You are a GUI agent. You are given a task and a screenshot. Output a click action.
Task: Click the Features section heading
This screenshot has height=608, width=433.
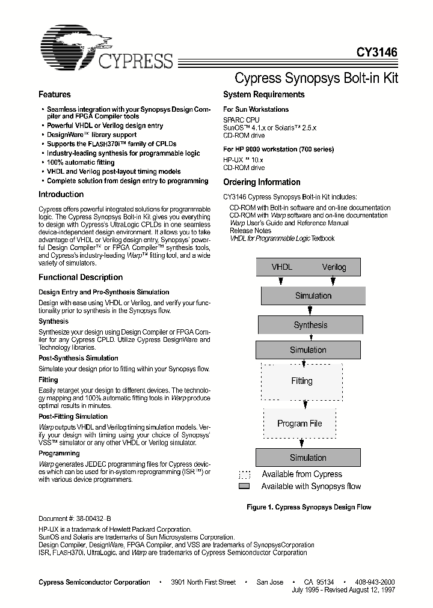point(55,94)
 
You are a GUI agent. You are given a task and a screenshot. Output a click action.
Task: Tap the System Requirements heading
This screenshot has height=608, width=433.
point(263,94)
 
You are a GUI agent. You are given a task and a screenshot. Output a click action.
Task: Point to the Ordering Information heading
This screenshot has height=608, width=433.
point(262,182)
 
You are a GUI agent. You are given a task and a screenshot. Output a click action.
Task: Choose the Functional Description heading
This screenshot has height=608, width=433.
point(81,277)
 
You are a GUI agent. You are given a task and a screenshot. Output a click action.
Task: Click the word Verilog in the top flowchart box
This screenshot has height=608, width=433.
point(334,267)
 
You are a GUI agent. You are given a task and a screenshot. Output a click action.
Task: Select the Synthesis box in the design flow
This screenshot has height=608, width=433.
point(310,325)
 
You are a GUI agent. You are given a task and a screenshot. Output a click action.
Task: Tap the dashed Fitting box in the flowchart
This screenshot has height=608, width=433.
point(302,381)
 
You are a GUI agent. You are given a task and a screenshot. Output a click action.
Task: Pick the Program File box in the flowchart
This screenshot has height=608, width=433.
point(299,423)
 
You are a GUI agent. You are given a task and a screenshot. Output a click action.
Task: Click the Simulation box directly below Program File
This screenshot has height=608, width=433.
point(308,457)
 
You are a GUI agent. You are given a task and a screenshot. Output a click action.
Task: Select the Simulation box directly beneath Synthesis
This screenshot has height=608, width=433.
point(308,350)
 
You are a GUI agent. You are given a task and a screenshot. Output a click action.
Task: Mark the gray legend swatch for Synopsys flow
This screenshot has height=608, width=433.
point(244,486)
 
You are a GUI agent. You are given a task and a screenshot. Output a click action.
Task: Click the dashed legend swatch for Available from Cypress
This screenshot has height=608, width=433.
point(244,474)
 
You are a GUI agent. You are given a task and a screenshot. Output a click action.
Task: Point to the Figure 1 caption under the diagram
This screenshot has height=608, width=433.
point(309,507)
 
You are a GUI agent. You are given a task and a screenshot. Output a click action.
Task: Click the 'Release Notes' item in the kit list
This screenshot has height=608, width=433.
point(250,231)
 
